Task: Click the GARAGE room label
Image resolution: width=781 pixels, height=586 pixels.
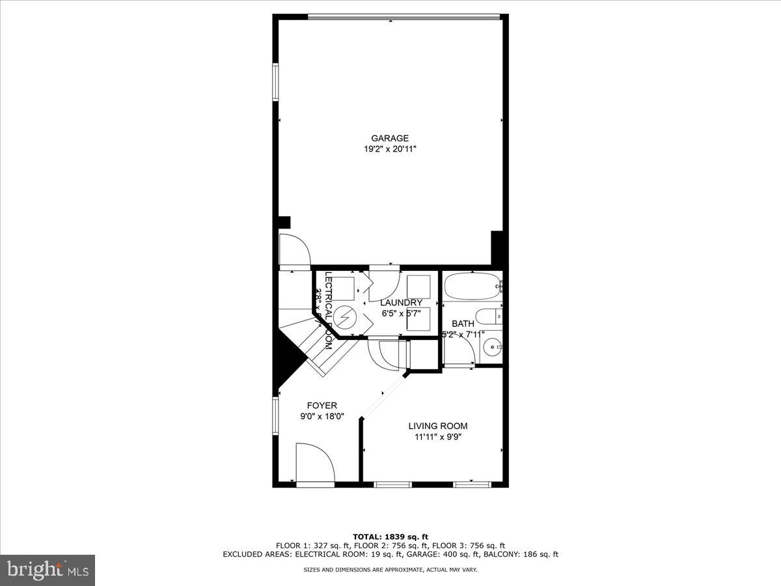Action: tap(390, 138)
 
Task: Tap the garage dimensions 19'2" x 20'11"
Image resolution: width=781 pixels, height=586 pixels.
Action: tap(390, 149)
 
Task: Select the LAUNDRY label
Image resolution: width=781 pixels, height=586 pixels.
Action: tap(402, 303)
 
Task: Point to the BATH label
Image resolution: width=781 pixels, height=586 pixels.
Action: tap(463, 324)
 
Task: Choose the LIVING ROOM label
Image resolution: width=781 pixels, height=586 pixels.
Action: tap(437, 426)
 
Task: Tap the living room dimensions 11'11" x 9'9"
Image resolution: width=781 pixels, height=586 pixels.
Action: tap(437, 437)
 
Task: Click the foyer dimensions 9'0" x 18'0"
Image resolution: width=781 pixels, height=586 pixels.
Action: tap(322, 417)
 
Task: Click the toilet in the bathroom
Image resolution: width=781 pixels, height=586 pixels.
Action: tap(488, 318)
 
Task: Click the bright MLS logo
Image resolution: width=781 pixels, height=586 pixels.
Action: tap(48, 570)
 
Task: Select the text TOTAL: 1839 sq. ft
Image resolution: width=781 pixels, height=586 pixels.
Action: tap(390, 537)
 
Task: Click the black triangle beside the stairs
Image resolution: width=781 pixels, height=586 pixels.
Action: tap(284, 365)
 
